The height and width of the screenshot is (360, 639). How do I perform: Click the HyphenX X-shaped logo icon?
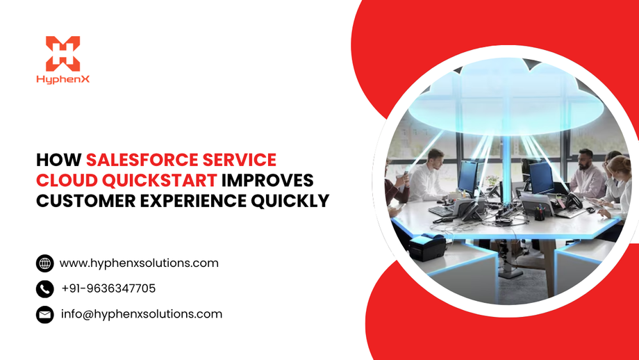pyautogui.click(x=63, y=54)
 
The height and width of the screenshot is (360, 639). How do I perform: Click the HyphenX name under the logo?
pyautogui.click(x=63, y=79)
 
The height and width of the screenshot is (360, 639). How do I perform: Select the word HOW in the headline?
pyautogui.click(x=58, y=160)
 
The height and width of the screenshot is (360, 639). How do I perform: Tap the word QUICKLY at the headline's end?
pyautogui.click(x=294, y=202)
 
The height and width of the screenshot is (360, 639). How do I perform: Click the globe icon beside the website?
pyautogui.click(x=44, y=263)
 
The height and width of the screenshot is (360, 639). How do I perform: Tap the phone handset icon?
pyautogui.click(x=44, y=288)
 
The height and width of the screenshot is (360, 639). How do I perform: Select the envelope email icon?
pyautogui.click(x=44, y=314)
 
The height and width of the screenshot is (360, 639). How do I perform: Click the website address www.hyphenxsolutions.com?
pyautogui.click(x=139, y=263)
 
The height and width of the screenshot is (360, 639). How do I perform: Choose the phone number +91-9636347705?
pyautogui.click(x=108, y=288)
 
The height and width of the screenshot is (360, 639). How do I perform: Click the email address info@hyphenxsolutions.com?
pyautogui.click(x=142, y=314)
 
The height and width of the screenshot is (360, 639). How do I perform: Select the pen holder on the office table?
pyautogui.click(x=539, y=214)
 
